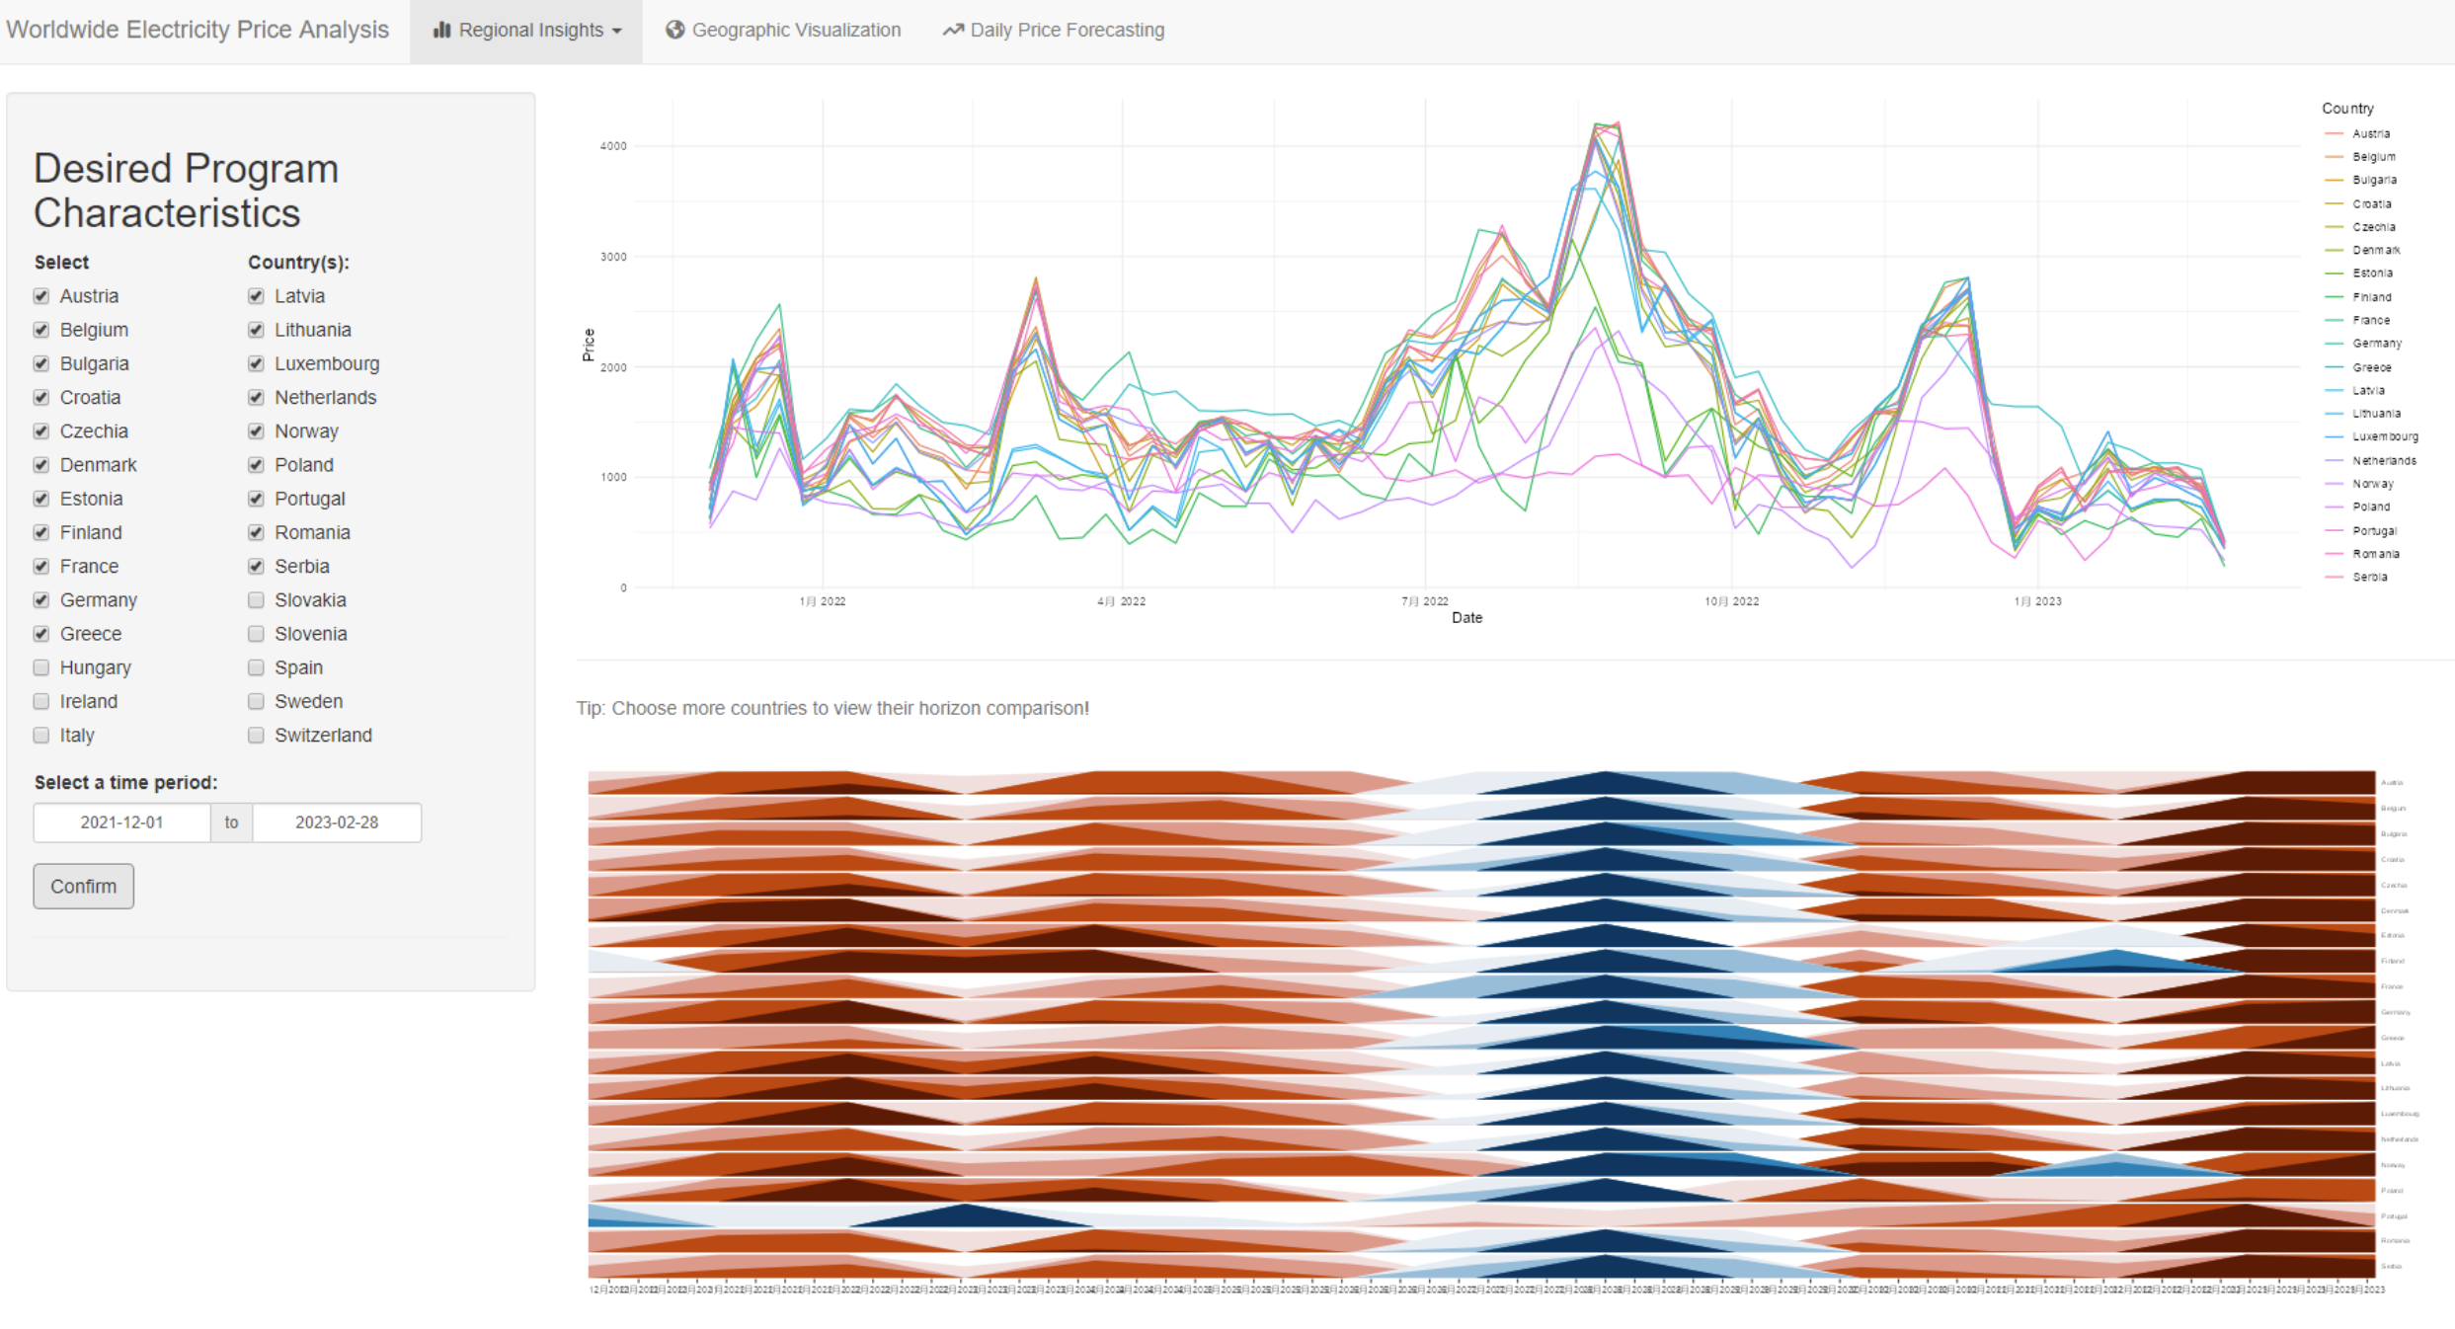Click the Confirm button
(x=83, y=886)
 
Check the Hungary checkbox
(x=41, y=667)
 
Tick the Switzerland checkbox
(x=257, y=735)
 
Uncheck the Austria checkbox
(x=41, y=296)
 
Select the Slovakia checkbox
(x=257, y=600)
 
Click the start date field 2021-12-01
(x=121, y=822)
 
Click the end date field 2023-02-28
(x=336, y=822)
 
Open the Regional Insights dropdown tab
(x=526, y=31)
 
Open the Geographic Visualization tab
(x=783, y=31)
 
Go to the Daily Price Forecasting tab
(x=1054, y=31)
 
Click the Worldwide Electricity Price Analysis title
(x=198, y=30)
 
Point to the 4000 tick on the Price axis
(x=613, y=146)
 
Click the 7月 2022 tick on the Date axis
(x=1424, y=600)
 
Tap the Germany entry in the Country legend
(x=2376, y=344)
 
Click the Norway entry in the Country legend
(x=2372, y=484)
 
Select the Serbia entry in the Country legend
(x=2369, y=577)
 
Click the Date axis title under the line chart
(x=1466, y=618)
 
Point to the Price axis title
(x=589, y=345)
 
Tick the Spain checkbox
(x=257, y=667)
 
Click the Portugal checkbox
(x=257, y=499)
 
